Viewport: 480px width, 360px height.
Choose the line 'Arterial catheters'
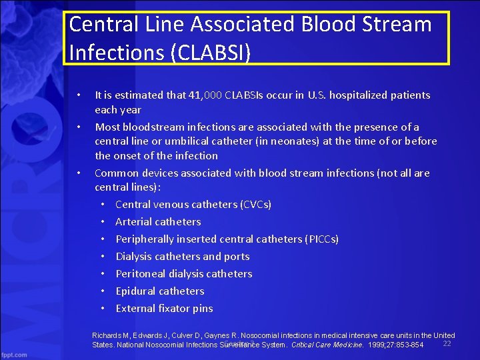click(158, 222)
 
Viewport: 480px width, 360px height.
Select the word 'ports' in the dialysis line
click(236, 257)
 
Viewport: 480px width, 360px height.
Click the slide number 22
click(447, 343)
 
